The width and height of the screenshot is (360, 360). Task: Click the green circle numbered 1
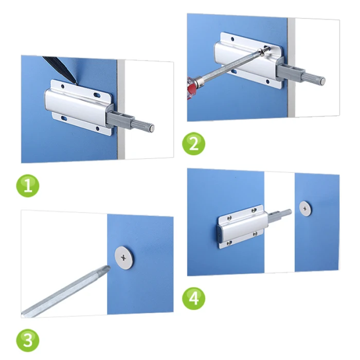28,186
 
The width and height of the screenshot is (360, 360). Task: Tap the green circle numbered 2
193,143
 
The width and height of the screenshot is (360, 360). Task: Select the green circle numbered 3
28,340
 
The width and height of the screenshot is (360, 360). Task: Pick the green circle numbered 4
193,298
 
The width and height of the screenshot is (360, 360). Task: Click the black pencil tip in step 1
75,82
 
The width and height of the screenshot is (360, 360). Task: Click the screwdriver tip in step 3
107,268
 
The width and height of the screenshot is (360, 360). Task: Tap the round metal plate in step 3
124,258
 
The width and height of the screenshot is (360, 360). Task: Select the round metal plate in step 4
305,209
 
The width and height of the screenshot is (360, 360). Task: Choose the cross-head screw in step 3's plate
123,258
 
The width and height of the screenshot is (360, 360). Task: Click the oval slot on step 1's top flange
97,95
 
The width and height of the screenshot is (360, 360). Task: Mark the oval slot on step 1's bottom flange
64,118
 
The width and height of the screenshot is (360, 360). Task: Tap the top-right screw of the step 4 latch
254,210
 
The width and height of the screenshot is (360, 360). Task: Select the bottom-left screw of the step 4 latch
229,243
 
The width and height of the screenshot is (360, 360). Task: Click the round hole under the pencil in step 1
62,87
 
